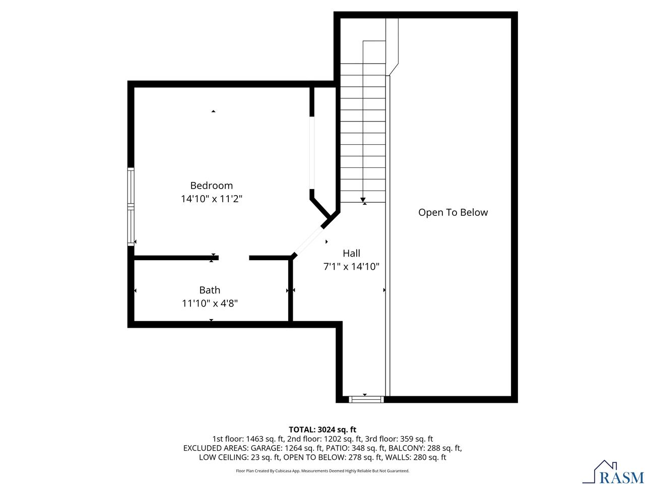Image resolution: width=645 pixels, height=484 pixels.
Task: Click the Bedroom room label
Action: click(211, 186)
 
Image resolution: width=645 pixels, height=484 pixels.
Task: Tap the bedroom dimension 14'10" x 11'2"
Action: click(211, 199)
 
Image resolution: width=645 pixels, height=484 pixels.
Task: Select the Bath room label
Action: click(210, 290)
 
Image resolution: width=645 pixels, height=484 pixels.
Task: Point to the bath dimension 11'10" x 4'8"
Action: click(210, 304)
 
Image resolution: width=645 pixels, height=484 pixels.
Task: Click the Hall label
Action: click(351, 253)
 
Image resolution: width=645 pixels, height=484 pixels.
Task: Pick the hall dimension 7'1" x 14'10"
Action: click(351, 267)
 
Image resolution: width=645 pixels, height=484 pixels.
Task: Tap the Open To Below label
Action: click(453, 212)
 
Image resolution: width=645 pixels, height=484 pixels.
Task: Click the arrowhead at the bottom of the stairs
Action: click(363, 200)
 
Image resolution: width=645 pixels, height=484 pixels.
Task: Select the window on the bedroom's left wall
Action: click(131, 207)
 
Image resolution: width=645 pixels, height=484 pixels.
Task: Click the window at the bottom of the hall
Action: click(366, 399)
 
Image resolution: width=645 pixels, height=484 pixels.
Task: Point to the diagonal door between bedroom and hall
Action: click(308, 241)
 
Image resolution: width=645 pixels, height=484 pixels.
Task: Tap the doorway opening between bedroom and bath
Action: click(234, 258)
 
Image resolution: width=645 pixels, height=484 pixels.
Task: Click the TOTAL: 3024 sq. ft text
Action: click(322, 430)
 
